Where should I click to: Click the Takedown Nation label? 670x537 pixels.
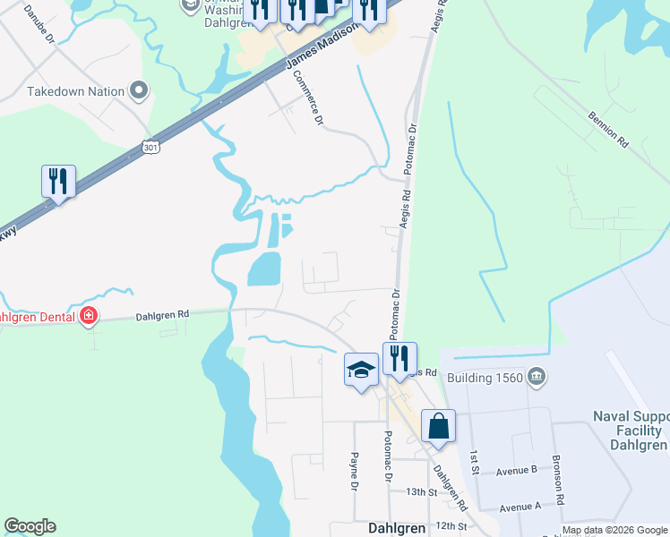pyautogui.click(x=75, y=91)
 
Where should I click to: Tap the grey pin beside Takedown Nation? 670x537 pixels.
pyautogui.click(x=138, y=90)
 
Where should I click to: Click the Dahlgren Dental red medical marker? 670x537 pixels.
pyautogui.click(x=89, y=315)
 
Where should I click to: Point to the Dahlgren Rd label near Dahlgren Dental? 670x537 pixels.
pyautogui.click(x=162, y=315)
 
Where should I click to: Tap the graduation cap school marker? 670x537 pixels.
pyautogui.click(x=360, y=370)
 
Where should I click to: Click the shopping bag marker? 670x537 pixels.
pyautogui.click(x=438, y=426)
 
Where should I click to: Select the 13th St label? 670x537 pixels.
pyautogui.click(x=419, y=492)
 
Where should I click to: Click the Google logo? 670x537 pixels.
pyautogui.click(x=30, y=526)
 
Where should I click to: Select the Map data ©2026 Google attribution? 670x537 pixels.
pyautogui.click(x=614, y=531)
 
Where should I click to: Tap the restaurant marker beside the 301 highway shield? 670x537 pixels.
pyautogui.click(x=58, y=182)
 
